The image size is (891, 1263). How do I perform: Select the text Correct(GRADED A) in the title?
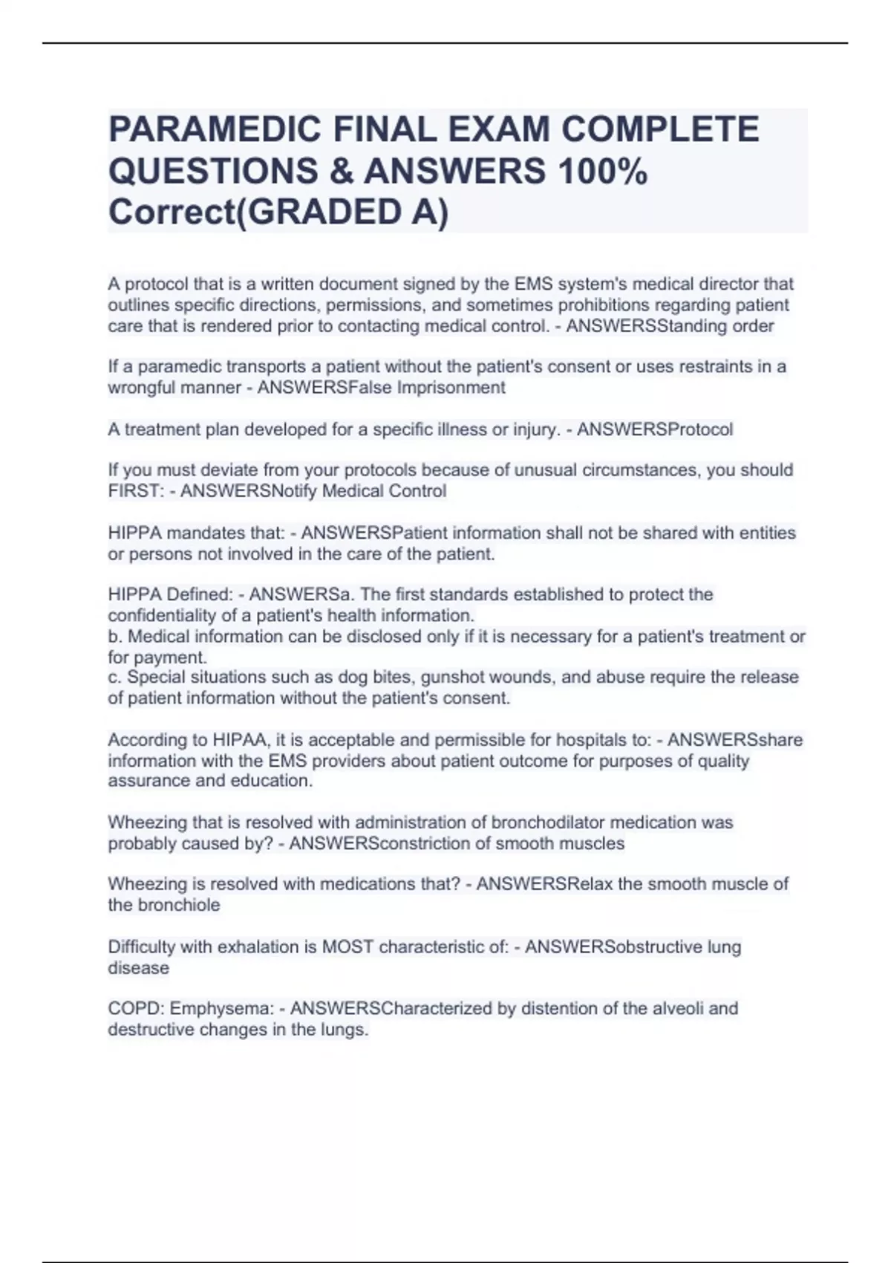[278, 212]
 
